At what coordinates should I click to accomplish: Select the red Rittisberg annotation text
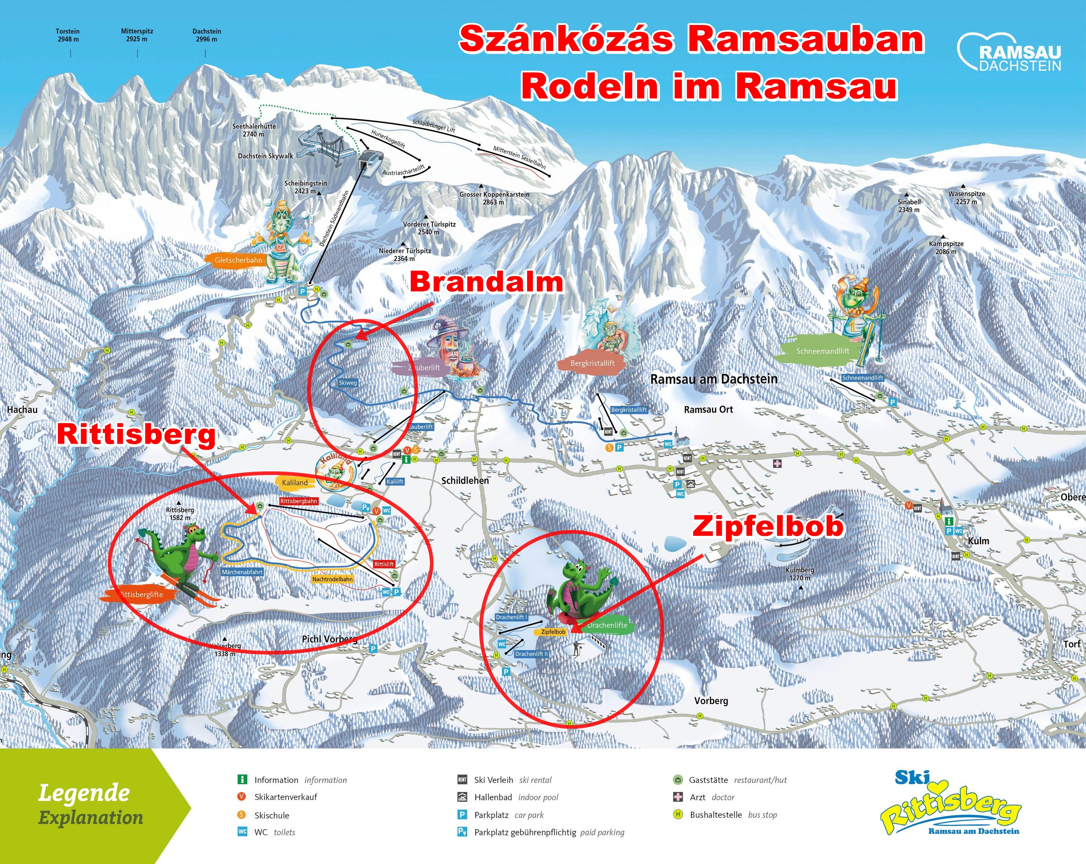coord(136,435)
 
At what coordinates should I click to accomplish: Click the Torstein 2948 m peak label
coord(67,35)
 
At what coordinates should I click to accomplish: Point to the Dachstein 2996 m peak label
coord(207,35)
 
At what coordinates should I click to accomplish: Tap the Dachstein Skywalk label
coord(265,156)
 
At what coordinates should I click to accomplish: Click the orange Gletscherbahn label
coord(238,260)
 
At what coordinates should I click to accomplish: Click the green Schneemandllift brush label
coord(822,351)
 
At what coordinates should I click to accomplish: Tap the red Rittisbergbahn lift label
coord(299,501)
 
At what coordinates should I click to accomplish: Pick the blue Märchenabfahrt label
coord(242,572)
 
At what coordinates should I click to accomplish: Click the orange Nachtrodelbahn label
coord(332,579)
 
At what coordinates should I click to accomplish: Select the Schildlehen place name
coord(465,481)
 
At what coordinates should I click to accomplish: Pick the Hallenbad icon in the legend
coord(462,797)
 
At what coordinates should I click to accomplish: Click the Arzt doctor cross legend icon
coord(678,797)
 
